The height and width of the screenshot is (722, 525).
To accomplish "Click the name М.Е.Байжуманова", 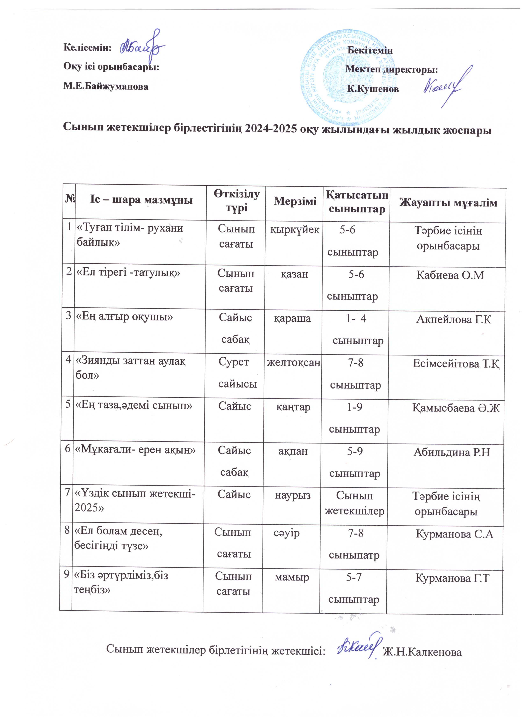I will [x=106, y=86].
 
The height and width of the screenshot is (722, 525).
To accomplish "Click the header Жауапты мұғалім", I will [x=448, y=203].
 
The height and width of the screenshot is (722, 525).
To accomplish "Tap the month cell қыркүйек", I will [x=295, y=230].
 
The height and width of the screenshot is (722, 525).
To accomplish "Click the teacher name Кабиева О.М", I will [x=450, y=275].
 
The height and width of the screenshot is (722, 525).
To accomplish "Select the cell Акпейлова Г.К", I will [x=454, y=319].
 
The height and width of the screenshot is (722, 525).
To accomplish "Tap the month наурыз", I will [x=293, y=495].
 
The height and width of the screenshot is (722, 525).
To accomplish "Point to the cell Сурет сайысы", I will [x=237, y=373].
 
